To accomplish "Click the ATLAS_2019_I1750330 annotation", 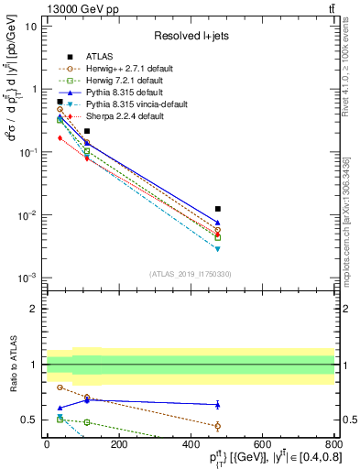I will point(191,273).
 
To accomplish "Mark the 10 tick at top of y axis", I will point(29,26).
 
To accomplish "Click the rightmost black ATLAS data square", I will point(218,209).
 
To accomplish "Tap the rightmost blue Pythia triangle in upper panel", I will point(218,223).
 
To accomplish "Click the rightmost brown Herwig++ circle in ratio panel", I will point(218,426).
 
